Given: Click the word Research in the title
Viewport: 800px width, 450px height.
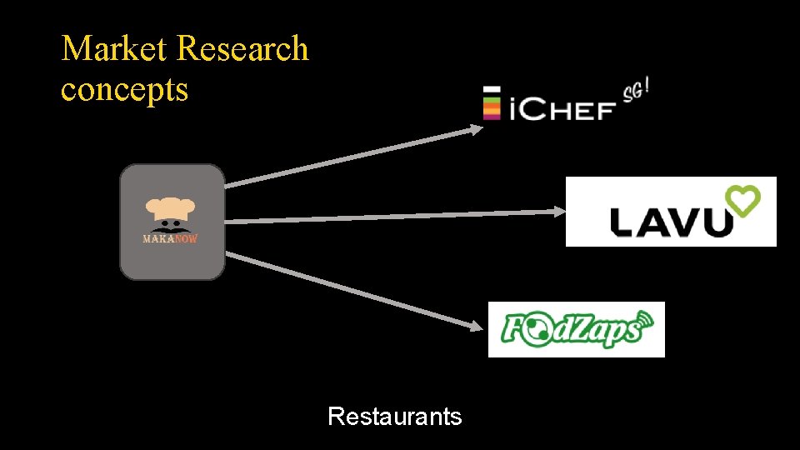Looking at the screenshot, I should click(242, 49).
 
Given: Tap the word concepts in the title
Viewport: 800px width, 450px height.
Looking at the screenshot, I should click(124, 89).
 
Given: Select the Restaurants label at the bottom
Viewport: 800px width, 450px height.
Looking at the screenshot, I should click(394, 416).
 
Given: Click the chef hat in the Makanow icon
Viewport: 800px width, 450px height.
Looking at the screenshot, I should click(171, 208).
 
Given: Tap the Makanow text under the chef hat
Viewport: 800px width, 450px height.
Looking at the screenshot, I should click(170, 238).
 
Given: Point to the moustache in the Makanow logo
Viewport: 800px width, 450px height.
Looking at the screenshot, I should click(171, 227).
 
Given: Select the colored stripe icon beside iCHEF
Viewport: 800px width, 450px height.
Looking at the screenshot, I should click(492, 103).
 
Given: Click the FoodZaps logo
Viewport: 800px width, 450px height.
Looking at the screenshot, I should click(576, 329).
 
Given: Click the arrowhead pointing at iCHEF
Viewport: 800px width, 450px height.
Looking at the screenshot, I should click(476, 128).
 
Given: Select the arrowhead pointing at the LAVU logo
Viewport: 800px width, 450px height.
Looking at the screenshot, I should click(559, 212).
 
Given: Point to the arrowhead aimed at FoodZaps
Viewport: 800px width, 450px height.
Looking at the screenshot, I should click(477, 326).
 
